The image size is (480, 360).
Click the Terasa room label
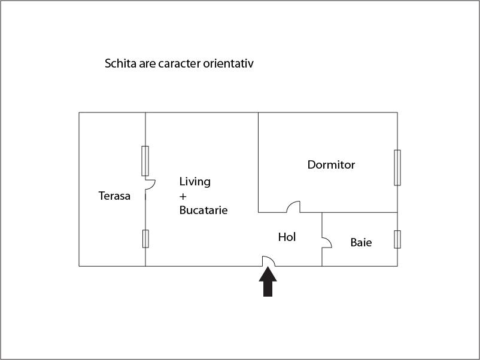(114, 196)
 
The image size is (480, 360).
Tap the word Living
(195, 182)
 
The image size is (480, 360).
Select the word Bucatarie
(203, 210)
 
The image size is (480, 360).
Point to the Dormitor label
(331, 164)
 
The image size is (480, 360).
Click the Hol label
(287, 237)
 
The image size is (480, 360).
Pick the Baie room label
(361, 243)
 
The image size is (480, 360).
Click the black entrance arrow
(268, 282)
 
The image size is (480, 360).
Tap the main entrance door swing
(269, 261)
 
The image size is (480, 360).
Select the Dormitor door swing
(293, 207)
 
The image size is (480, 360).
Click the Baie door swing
(327, 243)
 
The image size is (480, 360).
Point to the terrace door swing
(150, 184)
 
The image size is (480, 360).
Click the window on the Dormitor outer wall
(397, 167)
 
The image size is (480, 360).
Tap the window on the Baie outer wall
(397, 239)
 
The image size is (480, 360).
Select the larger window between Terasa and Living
(145, 161)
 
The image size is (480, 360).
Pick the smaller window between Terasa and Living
(145, 239)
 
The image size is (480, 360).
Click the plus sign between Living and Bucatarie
(183, 196)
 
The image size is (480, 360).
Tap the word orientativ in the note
(229, 63)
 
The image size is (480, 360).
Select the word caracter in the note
(180, 63)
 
